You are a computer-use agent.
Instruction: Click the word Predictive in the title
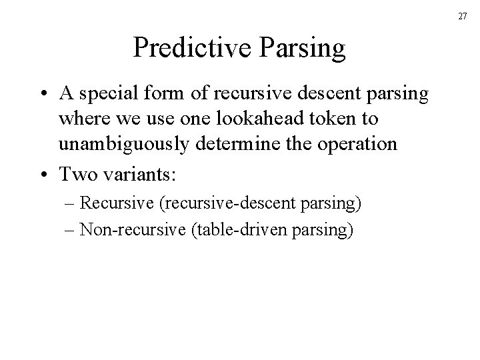click(185, 48)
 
